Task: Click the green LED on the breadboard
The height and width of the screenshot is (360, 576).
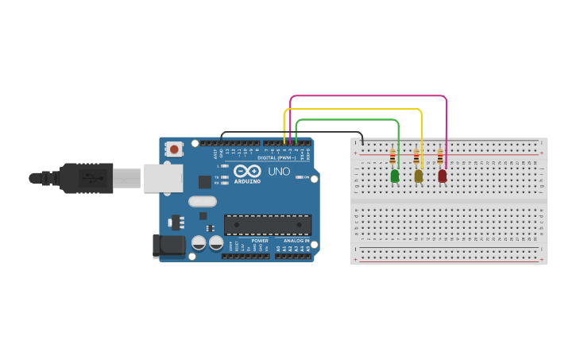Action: tap(395, 176)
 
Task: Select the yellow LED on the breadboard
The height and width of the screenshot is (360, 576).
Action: tap(419, 176)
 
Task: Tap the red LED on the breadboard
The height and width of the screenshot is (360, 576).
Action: tap(443, 176)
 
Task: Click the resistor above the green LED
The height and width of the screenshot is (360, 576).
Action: tap(392, 157)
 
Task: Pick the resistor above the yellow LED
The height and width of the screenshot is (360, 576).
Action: tap(416, 157)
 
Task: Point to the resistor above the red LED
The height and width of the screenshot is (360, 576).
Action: tap(440, 157)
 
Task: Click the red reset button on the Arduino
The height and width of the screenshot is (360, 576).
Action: tap(174, 149)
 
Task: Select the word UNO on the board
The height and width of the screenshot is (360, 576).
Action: tap(278, 171)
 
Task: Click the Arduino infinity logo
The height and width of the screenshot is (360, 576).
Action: tap(247, 171)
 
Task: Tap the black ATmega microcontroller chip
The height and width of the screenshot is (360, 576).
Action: tap(267, 225)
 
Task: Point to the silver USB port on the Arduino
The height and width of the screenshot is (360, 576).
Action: tap(162, 178)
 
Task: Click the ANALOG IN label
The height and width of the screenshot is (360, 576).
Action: tap(296, 240)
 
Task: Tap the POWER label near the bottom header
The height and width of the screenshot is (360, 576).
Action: tap(260, 240)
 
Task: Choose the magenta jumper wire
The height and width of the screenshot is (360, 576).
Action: tap(365, 96)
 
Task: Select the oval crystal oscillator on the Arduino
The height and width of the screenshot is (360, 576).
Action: tap(203, 202)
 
